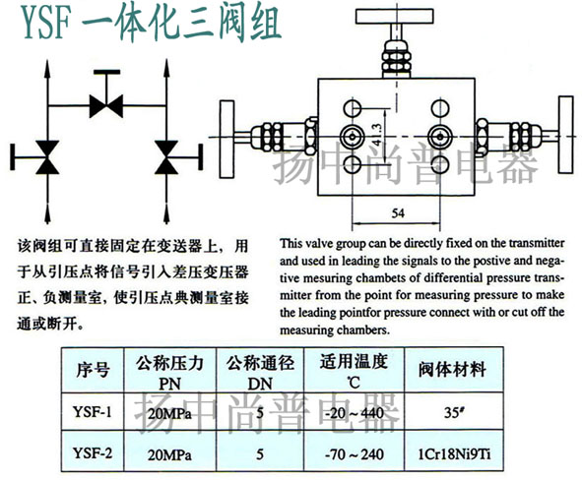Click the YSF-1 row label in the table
92,412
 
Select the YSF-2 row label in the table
92,453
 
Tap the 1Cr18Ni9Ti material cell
454,454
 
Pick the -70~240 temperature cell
355,454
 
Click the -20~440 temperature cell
355,412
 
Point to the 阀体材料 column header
453,370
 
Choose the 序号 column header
94,370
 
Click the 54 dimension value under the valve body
398,213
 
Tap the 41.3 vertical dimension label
376,135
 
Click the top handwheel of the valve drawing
394,16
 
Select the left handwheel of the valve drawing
226,139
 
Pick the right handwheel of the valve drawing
565,135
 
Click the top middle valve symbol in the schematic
106,106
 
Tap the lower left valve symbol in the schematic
47,157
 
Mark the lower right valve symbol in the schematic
166,157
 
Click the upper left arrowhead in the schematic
47,68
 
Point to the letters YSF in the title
46,23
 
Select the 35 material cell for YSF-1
454,412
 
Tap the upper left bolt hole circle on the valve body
352,109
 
